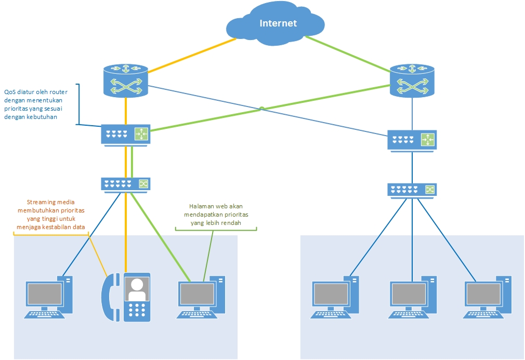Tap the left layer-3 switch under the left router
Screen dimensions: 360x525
click(x=126, y=135)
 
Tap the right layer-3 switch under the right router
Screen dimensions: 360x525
click(x=412, y=140)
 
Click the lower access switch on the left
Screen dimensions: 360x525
click(x=125, y=184)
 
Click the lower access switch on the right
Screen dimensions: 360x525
click(x=412, y=190)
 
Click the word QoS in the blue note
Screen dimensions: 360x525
click(x=10, y=92)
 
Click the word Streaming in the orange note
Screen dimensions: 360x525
click(x=41, y=202)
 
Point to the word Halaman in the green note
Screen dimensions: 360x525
click(x=200, y=206)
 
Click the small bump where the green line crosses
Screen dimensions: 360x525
click(x=262, y=109)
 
